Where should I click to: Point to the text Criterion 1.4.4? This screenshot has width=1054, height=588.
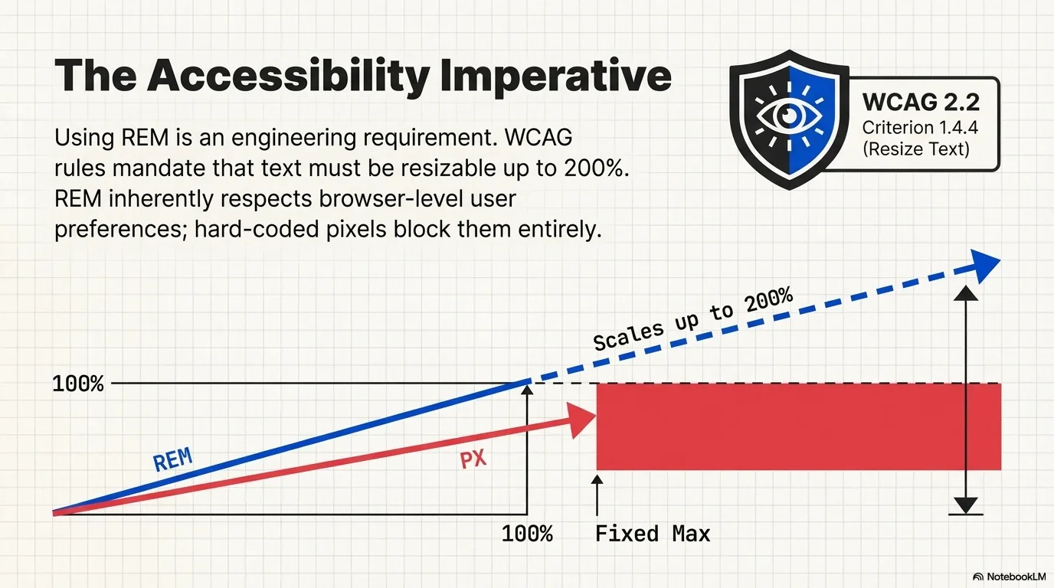pyautogui.click(x=920, y=126)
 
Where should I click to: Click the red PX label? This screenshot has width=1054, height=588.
pyautogui.click(x=473, y=460)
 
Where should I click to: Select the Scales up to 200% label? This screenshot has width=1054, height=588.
pyautogui.click(x=693, y=320)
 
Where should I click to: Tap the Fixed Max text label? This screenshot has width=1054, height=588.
pyautogui.click(x=653, y=534)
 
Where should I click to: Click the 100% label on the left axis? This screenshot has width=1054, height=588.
pyautogui.click(x=77, y=384)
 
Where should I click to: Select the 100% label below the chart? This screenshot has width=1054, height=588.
pyautogui.click(x=527, y=534)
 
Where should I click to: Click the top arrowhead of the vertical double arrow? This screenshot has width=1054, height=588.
pyautogui.click(x=967, y=293)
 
